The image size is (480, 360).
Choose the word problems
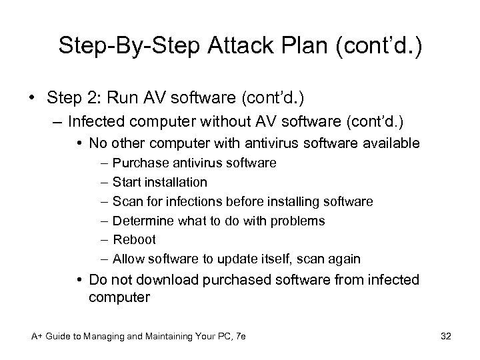coord(298,220)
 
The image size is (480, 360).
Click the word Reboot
coord(134,239)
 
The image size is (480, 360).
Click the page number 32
coord(446,337)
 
